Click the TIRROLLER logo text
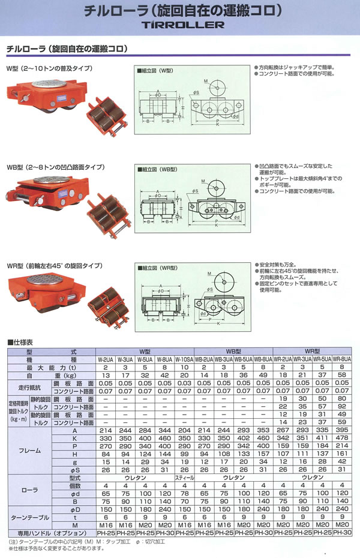(179, 25)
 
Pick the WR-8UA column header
(341, 359)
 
